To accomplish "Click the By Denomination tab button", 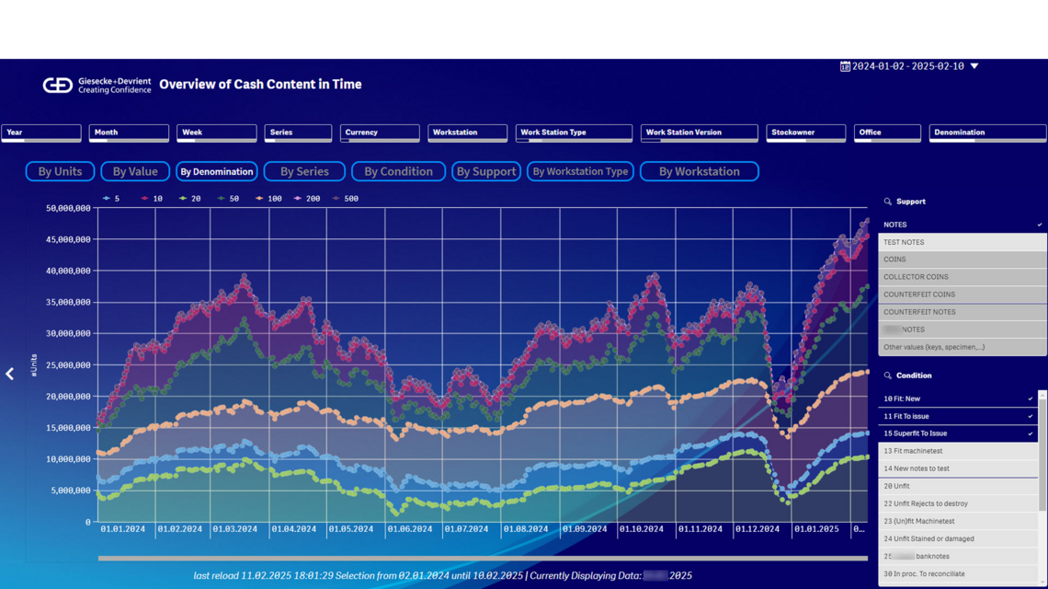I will (216, 171).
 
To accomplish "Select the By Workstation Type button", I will (580, 171).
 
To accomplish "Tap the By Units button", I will (60, 171).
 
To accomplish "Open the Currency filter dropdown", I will (380, 133).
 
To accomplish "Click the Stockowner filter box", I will (805, 133).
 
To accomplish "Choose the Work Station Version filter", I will (699, 133).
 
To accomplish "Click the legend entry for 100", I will (269, 199).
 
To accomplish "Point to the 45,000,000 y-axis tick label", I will (67, 239).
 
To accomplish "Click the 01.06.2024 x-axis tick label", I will (409, 529).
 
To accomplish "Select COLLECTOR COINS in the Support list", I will (916, 277).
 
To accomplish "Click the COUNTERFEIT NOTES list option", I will (919, 312).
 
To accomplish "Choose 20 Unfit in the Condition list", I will (896, 486).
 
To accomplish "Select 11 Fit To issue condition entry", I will (906, 416).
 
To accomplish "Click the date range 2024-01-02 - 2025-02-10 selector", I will (908, 66).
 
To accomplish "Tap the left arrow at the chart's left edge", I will (10, 374).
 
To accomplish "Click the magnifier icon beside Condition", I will (887, 375).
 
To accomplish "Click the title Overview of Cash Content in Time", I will (260, 85).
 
